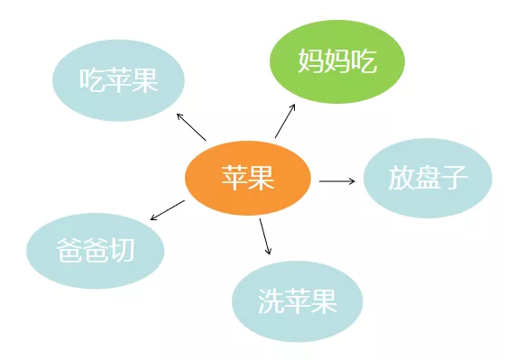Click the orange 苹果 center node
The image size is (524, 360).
point(248,179)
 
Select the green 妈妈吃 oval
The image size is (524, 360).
point(337,61)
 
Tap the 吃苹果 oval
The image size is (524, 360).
point(118,79)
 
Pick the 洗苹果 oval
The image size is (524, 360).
point(297,301)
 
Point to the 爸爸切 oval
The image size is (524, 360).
point(95,250)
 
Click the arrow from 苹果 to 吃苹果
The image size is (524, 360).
point(191,127)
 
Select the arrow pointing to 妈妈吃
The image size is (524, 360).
point(285,120)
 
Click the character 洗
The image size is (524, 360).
point(271,301)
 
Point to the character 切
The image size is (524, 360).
point(121,250)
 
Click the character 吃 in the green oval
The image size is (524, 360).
point(363,61)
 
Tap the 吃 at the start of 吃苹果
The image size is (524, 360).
point(92,79)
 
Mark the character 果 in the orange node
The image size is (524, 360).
point(262,179)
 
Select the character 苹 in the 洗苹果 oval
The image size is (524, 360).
point(297,301)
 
